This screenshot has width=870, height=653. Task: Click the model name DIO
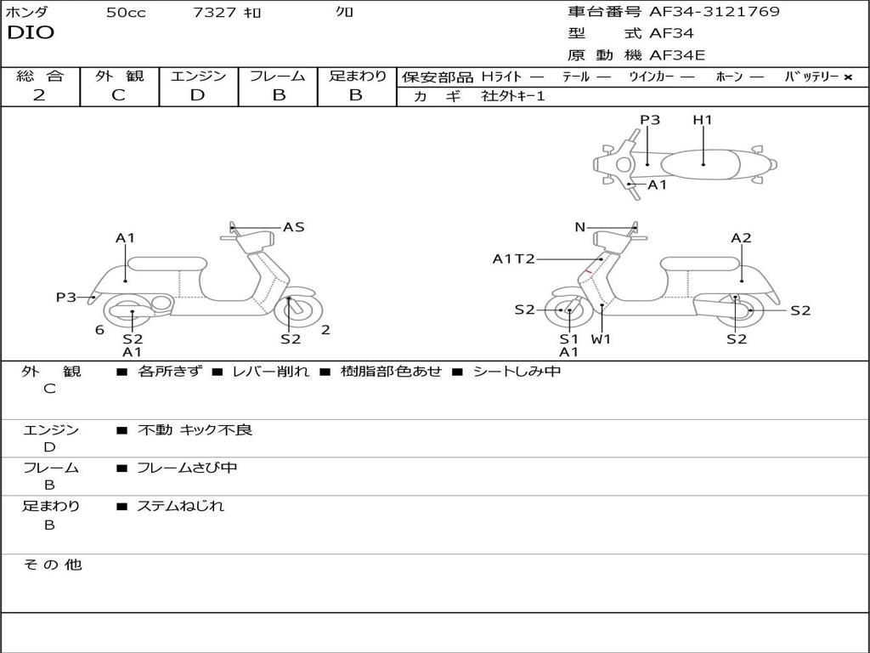[x=31, y=33]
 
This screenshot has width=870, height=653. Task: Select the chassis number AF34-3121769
[x=714, y=12]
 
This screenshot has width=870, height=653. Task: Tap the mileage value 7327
[x=214, y=13]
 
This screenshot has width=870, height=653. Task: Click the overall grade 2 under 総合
[x=39, y=95]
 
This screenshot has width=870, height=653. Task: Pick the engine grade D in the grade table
[x=197, y=95]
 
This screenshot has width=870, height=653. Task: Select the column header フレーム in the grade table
[x=278, y=77]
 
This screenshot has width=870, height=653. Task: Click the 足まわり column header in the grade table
[x=358, y=77]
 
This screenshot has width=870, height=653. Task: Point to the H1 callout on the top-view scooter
[x=702, y=120]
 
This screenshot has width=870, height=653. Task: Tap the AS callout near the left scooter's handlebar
[x=293, y=227]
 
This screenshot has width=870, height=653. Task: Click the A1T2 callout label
[x=513, y=258]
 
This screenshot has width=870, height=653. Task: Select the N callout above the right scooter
[x=579, y=227]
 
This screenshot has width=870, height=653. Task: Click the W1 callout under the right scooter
[x=602, y=339]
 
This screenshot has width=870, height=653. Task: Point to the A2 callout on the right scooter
[x=741, y=238]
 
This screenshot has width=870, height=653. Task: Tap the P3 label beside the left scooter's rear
[x=66, y=297]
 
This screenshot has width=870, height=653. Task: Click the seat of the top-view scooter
[x=703, y=163]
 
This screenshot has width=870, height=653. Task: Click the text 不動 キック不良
[x=195, y=430]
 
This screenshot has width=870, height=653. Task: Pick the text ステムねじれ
[x=181, y=506]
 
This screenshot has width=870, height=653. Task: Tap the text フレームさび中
[x=187, y=468]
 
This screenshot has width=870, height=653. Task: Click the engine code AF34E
[x=677, y=55]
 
